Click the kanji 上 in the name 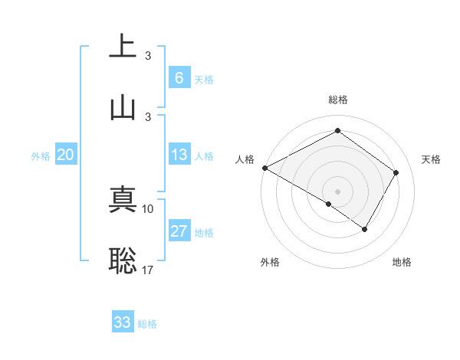click(x=123, y=46)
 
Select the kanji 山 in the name click(x=123, y=106)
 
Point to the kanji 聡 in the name click(x=123, y=260)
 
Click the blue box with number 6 click(x=179, y=78)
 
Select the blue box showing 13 click(x=179, y=155)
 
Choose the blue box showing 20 click(x=65, y=155)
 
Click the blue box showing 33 click(x=123, y=322)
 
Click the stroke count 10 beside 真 click(x=148, y=208)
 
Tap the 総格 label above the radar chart click(x=337, y=100)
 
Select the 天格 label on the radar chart click(x=431, y=159)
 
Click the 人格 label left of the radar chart click(x=245, y=159)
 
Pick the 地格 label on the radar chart click(x=402, y=262)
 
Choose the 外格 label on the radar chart click(x=270, y=262)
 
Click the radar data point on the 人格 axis click(x=264, y=168)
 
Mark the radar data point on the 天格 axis click(x=396, y=172)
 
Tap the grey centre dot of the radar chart click(x=337, y=191)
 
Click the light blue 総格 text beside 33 click(x=147, y=324)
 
